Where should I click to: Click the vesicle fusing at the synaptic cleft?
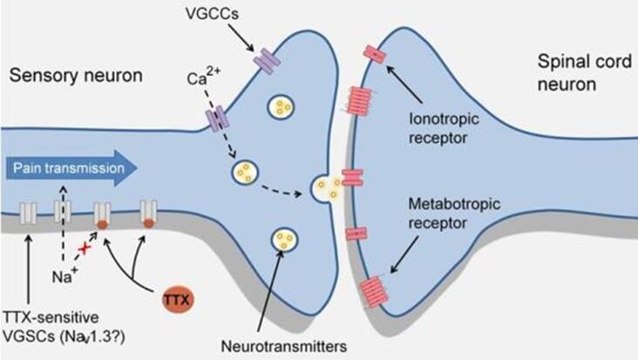coord(324,186)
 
